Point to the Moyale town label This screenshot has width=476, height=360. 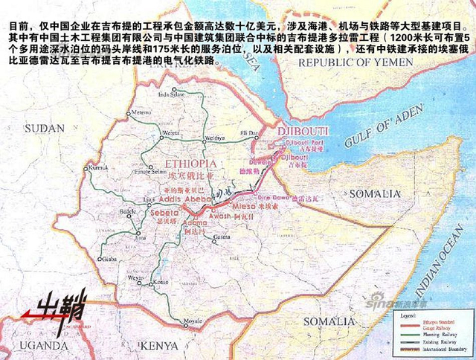193,321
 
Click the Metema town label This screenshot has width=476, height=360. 140,112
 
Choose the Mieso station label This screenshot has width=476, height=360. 245,206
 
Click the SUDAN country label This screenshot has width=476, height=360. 45,128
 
